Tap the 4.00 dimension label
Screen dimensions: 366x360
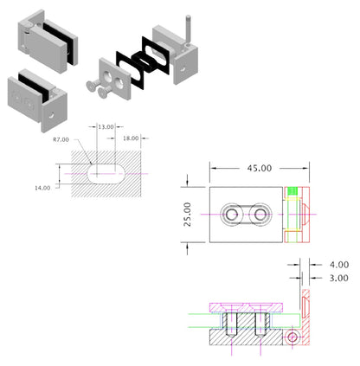[x=339, y=264]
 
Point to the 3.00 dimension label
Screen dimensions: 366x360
[x=339, y=278]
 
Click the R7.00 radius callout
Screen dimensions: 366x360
[x=61, y=138]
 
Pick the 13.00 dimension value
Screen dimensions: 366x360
[x=106, y=127]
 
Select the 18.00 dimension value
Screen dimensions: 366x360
[x=132, y=138]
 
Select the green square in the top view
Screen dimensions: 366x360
[x=292, y=191]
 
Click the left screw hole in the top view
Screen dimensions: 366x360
[x=233, y=215]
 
